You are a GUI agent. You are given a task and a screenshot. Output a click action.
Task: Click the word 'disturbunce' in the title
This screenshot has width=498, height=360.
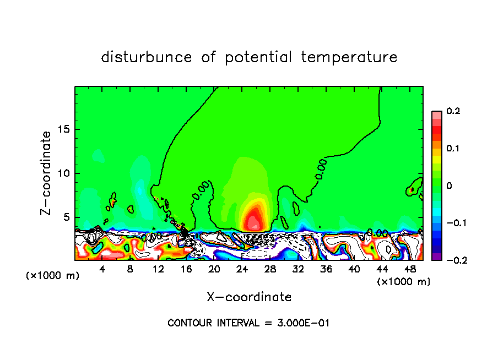(147, 57)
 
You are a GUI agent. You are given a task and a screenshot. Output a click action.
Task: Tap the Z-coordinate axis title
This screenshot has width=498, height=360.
(46, 173)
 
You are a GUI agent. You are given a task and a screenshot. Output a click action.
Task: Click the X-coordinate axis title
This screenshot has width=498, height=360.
(249, 297)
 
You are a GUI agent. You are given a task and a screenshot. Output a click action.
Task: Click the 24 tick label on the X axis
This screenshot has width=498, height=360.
(242, 269)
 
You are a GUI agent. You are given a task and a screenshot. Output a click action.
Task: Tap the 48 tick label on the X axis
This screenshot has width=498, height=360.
(410, 269)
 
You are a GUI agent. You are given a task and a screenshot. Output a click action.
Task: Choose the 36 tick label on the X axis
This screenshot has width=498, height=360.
(326, 269)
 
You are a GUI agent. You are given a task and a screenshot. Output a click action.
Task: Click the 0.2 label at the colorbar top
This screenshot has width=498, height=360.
(453, 111)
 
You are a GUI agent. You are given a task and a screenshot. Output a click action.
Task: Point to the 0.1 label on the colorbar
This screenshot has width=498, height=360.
(453, 149)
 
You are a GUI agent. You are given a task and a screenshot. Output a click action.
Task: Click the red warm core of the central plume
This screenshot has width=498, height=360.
(253, 220)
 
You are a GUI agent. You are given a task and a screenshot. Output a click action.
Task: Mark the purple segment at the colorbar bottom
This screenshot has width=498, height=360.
(437, 256)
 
